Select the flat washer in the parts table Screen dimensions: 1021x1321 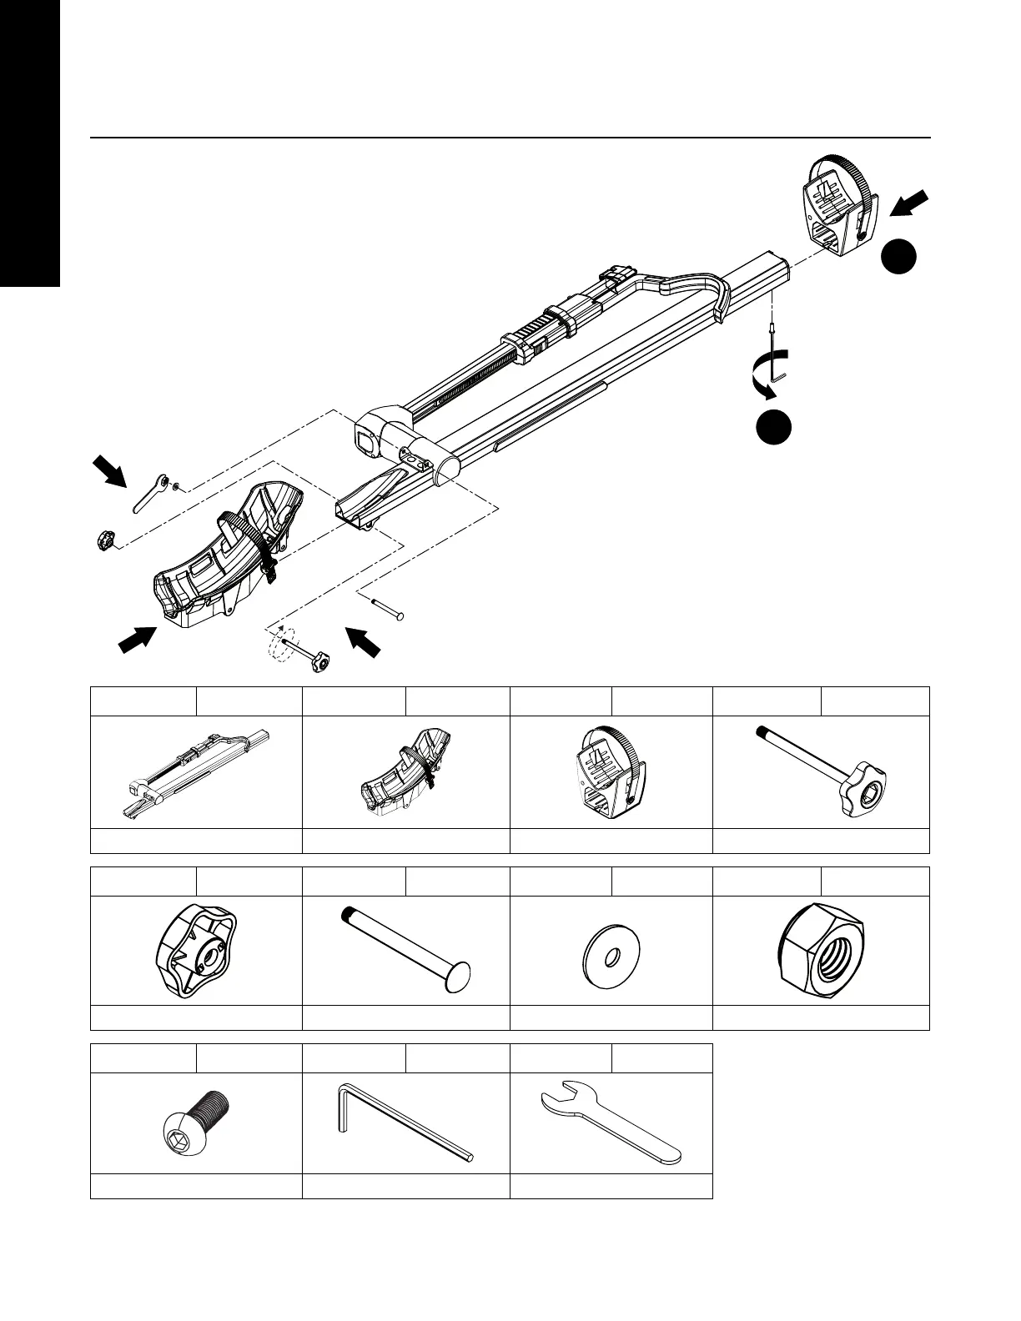coord(611,951)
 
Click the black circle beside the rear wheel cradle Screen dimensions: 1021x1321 coord(900,257)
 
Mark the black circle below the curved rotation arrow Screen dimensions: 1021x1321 coord(774,426)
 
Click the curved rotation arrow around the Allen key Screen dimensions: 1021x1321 coord(766,374)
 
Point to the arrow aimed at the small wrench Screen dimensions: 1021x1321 coord(109,470)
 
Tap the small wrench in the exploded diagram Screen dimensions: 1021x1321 coord(151,494)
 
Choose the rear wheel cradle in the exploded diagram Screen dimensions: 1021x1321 coord(834,204)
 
